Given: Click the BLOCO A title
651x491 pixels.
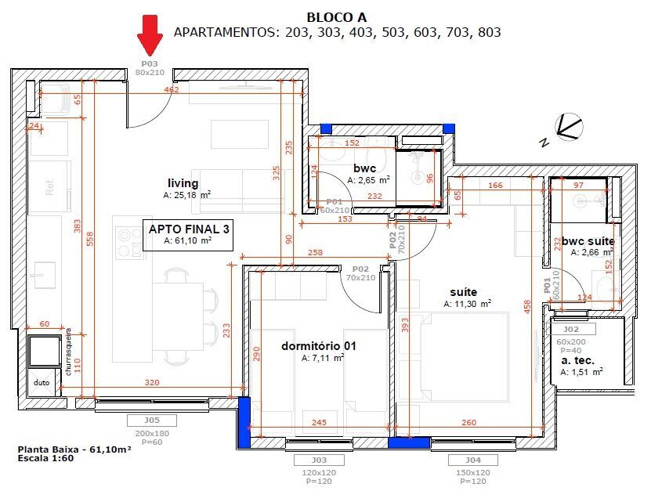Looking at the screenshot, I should (336, 16).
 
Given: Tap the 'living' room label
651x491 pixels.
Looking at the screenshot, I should (183, 182).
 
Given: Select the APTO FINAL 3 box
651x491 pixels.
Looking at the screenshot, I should (188, 234).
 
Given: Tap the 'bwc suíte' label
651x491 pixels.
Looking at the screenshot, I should (587, 241).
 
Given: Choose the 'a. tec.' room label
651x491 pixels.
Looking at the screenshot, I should (577, 360).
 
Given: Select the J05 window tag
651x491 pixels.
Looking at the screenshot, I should (151, 421).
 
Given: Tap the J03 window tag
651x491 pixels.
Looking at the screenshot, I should (318, 460).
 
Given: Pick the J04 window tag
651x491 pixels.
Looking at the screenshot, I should (473, 460).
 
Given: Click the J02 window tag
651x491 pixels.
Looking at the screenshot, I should (571, 330).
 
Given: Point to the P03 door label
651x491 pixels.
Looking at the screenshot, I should (149, 63).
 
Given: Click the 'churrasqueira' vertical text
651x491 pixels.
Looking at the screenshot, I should (69, 353).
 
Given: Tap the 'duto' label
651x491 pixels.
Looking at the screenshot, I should (42, 383).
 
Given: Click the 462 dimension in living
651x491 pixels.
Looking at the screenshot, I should (171, 90).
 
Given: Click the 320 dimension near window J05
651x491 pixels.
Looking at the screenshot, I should (152, 384).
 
